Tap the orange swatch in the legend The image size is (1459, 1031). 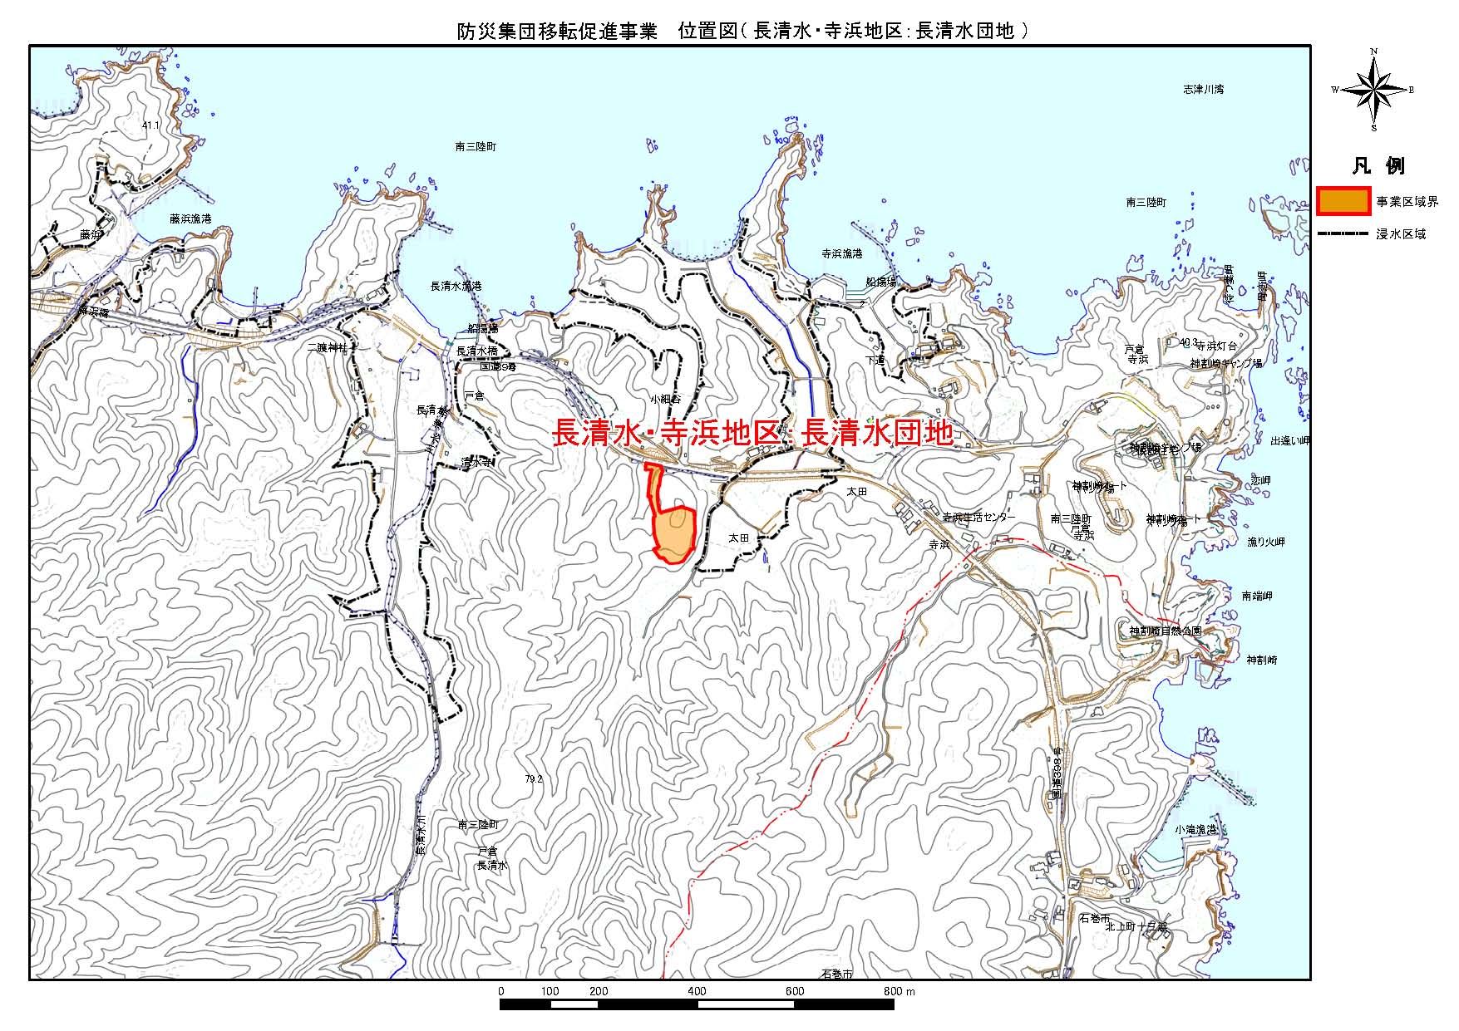pyautogui.click(x=1343, y=202)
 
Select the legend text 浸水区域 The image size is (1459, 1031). pyautogui.click(x=1401, y=234)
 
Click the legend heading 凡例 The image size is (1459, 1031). pyautogui.click(x=1378, y=165)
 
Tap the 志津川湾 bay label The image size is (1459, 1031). pyautogui.click(x=1203, y=89)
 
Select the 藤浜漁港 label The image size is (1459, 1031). pyautogui.click(x=190, y=218)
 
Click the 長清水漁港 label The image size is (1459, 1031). pyautogui.click(x=456, y=286)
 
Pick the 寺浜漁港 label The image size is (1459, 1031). pyautogui.click(x=841, y=253)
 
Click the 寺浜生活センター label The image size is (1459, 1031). pyautogui.click(x=978, y=517)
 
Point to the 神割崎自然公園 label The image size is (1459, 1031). pyautogui.click(x=1164, y=631)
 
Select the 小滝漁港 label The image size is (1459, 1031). pyautogui.click(x=1195, y=830)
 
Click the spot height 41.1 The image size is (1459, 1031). pyautogui.click(x=150, y=125)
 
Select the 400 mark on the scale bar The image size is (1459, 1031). pyautogui.click(x=697, y=991)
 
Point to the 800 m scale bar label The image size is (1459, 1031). pyautogui.click(x=898, y=991)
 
